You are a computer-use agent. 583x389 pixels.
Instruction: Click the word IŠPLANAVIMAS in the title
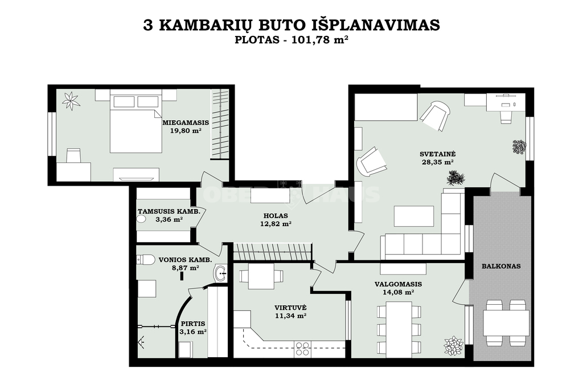(375, 25)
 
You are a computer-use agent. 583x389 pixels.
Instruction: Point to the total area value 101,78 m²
(320, 40)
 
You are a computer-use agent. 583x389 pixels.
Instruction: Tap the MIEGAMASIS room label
(186, 122)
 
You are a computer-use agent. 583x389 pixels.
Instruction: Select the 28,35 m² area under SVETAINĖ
(438, 162)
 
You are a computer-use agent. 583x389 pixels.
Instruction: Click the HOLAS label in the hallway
(276, 216)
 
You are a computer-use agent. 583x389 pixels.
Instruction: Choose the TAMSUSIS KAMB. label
(169, 211)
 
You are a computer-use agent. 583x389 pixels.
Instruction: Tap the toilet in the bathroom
(146, 259)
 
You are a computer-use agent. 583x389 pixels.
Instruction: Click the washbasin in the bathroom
(220, 274)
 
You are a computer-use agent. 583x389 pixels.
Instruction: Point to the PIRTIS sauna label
(193, 324)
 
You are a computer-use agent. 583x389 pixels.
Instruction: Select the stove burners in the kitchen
(302, 349)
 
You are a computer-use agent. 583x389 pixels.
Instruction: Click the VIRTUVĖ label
(290, 308)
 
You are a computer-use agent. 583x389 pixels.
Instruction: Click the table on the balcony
(506, 322)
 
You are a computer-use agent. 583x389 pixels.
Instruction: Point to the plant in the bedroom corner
(71, 100)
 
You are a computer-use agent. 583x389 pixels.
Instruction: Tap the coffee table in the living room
(413, 216)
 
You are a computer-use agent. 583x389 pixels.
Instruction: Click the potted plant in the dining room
(453, 346)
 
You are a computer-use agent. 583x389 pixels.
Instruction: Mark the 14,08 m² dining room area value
(398, 292)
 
